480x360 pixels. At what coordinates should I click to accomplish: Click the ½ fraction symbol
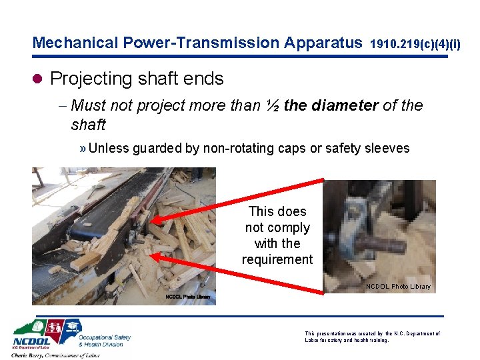point(272,105)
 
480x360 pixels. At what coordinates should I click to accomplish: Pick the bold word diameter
point(346,105)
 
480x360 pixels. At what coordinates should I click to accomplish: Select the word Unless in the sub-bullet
point(109,148)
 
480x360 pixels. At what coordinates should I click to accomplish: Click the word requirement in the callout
point(277,259)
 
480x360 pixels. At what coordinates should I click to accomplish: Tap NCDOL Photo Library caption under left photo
point(188,297)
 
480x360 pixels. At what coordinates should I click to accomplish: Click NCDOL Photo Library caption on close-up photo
point(398,287)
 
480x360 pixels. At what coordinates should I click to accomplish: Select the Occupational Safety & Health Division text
point(104,340)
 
